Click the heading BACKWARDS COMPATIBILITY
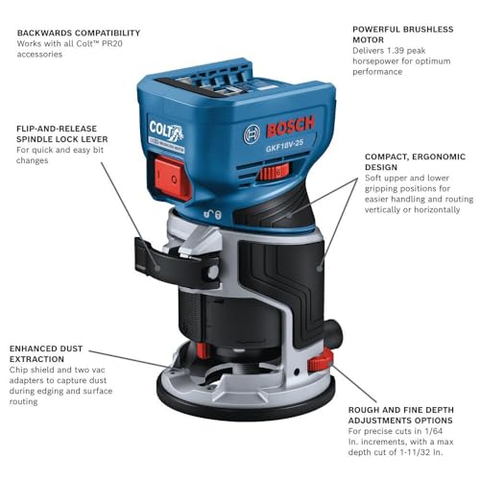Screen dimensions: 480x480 coord(78,33)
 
